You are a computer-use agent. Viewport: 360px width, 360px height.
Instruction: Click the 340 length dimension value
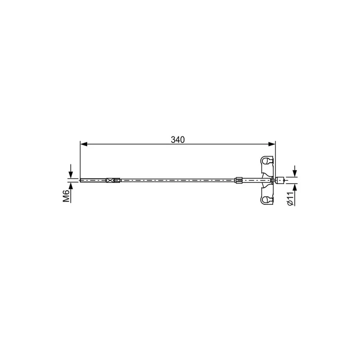pos(178,139)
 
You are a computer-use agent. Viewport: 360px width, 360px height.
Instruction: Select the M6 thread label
pos(66,196)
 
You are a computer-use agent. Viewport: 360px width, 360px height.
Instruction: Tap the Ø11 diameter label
pos(290,198)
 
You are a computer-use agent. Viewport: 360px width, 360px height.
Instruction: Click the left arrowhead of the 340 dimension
pos(84,144)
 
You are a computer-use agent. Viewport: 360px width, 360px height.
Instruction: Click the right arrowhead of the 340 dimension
pos(272,144)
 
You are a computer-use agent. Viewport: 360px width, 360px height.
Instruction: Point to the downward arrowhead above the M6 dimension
pos(71,175)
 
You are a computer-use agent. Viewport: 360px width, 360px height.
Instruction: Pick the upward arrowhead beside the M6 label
pos(71,185)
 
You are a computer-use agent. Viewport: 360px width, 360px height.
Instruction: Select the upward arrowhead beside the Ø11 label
pos(295,187)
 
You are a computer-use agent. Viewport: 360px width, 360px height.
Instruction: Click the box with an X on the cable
pos(110,180)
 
